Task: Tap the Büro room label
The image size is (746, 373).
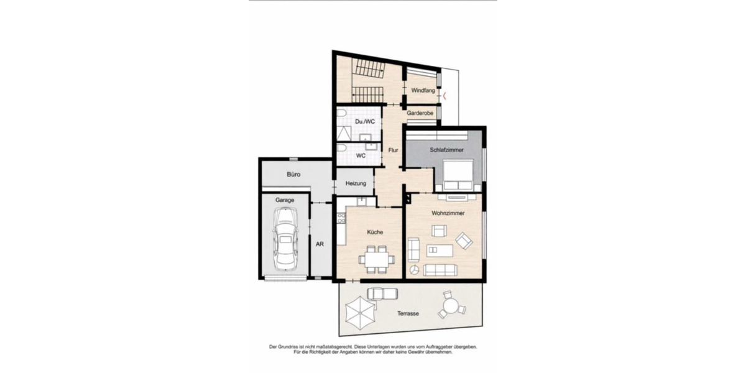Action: (294, 175)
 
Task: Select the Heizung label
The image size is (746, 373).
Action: (356, 183)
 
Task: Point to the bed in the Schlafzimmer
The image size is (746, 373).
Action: (459, 175)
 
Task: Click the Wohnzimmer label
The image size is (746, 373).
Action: (448, 213)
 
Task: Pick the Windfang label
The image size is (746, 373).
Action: (423, 91)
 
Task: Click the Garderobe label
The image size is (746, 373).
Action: (420, 114)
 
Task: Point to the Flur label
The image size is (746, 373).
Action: (393, 150)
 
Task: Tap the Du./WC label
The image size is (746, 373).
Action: (365, 121)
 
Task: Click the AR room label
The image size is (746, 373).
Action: (320, 244)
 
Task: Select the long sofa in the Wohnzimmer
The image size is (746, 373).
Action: (440, 270)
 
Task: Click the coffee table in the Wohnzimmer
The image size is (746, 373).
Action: (440, 251)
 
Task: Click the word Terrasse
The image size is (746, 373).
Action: (408, 314)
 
